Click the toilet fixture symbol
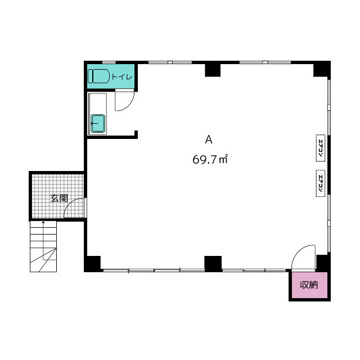coord(98,76)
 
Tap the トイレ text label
coord(122,76)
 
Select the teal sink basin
coord(98,123)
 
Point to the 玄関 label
coord(59,198)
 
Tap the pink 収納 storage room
coord(309,285)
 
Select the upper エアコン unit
coord(321,148)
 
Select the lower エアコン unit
coord(321,183)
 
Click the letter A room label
coord(209,139)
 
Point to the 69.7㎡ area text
coord(210,159)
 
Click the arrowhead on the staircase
coord(43,222)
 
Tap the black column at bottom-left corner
coord(92,264)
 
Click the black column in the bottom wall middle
coord(213,264)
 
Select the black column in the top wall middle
coord(213,70)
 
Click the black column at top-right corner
coord(322,69)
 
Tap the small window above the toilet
coord(109,62)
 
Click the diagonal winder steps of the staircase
coord(43,260)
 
